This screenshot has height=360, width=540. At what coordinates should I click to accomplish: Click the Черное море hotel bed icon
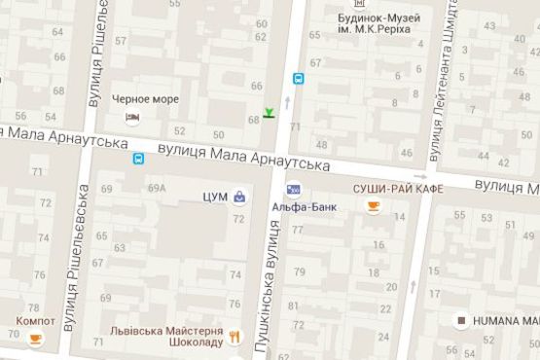tap(132, 118)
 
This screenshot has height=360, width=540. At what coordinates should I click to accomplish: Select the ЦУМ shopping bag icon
tap(238, 197)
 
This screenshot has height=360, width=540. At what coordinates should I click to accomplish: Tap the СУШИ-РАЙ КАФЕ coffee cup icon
tap(373, 206)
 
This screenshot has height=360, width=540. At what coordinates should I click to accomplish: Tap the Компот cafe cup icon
tap(35, 338)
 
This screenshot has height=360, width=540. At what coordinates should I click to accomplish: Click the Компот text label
tap(35, 320)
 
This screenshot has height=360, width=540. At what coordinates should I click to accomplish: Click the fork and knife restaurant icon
tap(234, 337)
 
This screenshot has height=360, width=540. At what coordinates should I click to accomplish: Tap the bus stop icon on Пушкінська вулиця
tap(297, 79)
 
